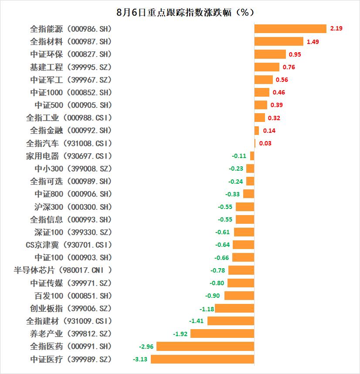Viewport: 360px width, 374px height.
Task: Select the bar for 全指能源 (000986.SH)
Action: click(290, 29)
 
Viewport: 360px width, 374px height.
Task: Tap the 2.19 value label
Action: click(336, 29)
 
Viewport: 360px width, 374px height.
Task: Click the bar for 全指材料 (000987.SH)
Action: click(278, 41)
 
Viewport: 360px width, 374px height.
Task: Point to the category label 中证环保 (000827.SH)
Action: click(71, 54)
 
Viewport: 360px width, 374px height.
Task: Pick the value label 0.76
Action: click(289, 67)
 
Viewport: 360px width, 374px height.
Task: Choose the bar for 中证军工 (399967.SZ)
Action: click(263, 80)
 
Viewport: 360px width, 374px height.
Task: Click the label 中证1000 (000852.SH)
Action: click(71, 92)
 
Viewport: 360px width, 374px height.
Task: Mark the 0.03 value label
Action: click(265, 143)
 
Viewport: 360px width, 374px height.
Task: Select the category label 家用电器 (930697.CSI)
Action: click(69, 156)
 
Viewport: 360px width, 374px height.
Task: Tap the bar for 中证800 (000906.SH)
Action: click(248, 194)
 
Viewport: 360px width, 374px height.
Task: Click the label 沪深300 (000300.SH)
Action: click(73, 207)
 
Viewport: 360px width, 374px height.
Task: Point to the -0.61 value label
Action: click(223, 232)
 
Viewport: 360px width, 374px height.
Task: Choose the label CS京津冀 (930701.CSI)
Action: click(69, 245)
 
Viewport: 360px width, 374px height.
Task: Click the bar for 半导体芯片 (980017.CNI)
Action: click(241, 270)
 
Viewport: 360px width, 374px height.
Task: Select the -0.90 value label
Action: click(213, 296)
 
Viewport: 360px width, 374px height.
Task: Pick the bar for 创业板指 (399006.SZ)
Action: click(234, 308)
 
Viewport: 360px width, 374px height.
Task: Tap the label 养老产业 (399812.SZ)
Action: click(71, 334)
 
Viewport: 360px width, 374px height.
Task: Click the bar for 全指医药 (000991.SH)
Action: click(205, 347)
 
